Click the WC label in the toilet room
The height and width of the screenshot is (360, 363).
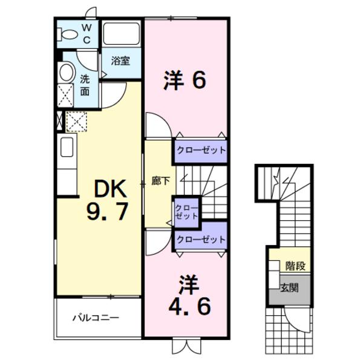87,34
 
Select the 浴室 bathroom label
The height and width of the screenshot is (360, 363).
121,61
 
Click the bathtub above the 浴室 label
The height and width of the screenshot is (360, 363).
122,33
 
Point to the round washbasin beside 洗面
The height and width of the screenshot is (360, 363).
66,73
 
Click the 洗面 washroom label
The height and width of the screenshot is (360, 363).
85,85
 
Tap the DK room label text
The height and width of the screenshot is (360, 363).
110,189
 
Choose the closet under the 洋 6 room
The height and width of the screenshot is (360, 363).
201,150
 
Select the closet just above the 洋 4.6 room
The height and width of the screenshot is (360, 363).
201,240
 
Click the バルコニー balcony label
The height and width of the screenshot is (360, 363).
97,317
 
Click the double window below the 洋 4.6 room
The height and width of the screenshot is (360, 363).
185,346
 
